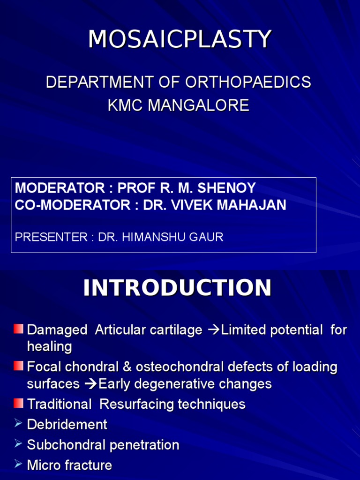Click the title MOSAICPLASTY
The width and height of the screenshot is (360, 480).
180,39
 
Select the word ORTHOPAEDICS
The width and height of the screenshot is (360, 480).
248,82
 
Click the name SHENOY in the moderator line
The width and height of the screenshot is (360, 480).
226,188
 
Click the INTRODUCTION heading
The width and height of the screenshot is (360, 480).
177,288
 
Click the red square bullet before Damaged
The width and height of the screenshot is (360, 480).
18,329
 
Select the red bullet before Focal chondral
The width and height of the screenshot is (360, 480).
18,366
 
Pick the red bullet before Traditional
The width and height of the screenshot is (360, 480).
18,403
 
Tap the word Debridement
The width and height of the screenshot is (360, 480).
67,425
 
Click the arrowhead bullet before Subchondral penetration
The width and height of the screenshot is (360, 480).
18,444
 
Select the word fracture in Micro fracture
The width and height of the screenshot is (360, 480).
89,465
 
